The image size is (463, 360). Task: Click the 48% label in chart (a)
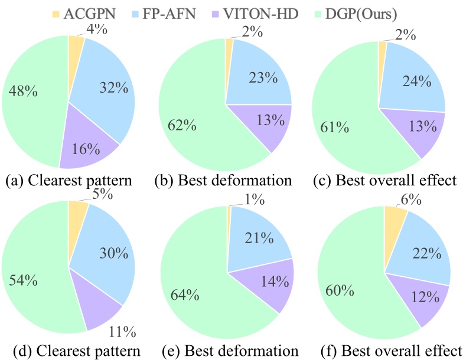click(x=22, y=92)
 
